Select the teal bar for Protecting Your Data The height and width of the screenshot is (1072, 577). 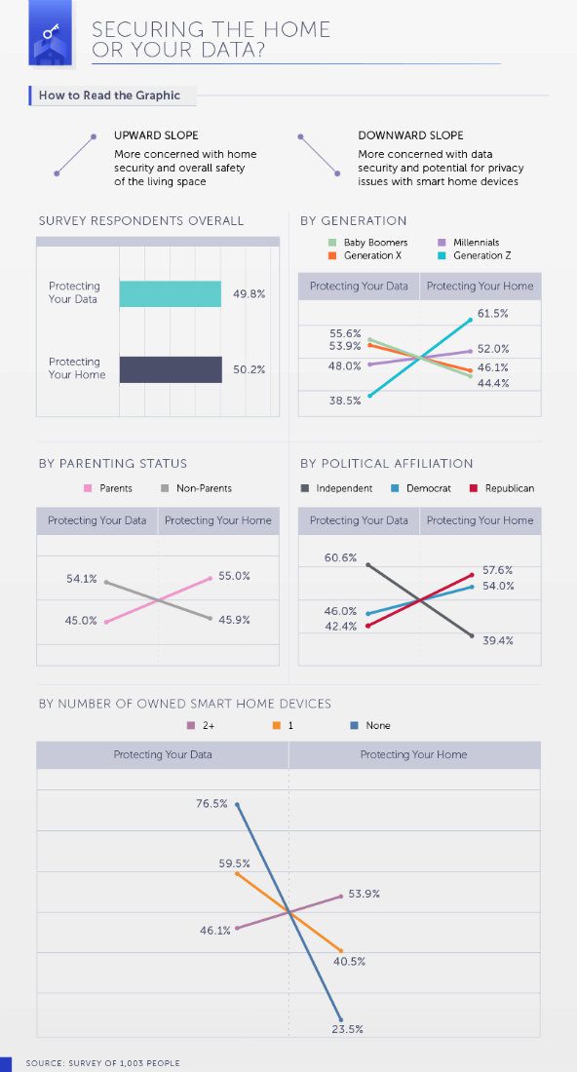pos(171,293)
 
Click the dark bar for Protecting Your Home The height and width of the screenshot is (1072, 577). pos(171,369)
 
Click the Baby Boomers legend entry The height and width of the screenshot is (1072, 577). pos(367,242)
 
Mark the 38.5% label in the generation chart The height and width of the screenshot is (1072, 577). pos(345,401)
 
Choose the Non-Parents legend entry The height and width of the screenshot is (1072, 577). pos(196,488)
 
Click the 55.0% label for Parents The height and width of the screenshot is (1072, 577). pos(235,576)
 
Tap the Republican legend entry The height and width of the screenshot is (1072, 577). pos(502,488)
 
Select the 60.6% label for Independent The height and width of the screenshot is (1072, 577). pos(340,557)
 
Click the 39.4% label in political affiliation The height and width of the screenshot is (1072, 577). pos(497,640)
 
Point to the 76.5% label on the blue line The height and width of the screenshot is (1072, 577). pos(212,804)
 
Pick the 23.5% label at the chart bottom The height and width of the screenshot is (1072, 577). pos(347,1029)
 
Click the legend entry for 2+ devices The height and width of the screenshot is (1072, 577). pos(202,725)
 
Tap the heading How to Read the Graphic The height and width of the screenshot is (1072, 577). pos(109,96)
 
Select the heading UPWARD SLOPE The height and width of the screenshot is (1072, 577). pos(156,135)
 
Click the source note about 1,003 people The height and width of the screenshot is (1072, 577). pos(102,1063)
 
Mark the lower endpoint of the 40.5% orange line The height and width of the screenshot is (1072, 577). pos(341,950)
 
